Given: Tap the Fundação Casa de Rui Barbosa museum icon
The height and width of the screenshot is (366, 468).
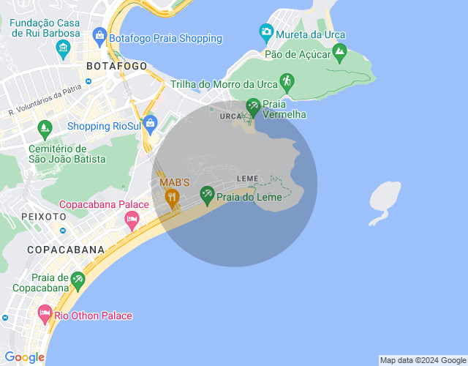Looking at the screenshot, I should tap(63, 49).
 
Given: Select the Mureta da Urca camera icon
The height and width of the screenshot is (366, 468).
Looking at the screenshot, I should tap(266, 31).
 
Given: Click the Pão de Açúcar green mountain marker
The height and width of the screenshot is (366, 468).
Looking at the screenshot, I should tap(339, 51).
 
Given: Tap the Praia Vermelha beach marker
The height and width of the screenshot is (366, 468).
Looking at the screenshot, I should tap(253, 106).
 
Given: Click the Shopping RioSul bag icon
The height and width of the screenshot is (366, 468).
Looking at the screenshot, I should tap(151, 123).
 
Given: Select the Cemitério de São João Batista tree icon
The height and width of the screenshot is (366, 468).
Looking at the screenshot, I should tap(45, 128).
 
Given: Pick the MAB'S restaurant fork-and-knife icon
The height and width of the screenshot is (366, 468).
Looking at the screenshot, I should tap(173, 195).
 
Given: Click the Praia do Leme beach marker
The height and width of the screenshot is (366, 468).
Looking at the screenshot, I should tap(207, 193).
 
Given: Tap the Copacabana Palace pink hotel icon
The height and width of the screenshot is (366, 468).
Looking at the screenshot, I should tap(132, 218).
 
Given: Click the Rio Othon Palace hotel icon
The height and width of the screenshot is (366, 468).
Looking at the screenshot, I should tap(45, 315).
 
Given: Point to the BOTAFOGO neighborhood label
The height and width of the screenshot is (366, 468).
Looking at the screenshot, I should tap(116, 66).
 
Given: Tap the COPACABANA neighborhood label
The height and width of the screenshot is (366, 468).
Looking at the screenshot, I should tap(66, 250).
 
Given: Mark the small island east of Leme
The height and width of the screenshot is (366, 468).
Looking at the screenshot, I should tap(385, 198).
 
